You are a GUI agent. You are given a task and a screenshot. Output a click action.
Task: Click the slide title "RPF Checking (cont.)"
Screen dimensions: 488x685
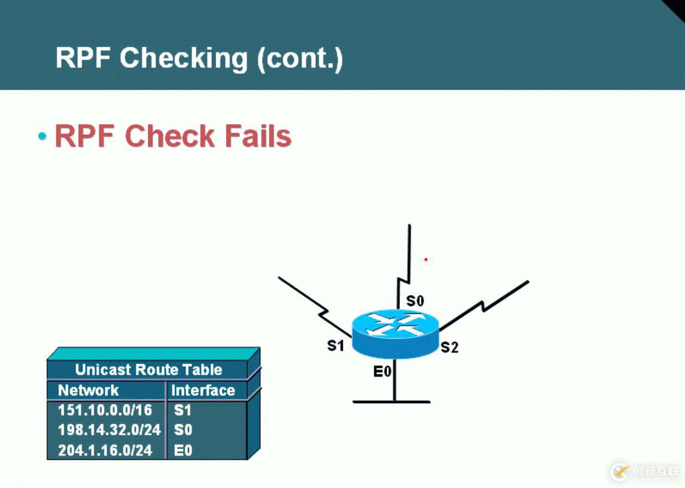[x=199, y=58]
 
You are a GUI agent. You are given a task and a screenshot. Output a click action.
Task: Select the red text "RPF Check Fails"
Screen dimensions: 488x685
[x=173, y=136]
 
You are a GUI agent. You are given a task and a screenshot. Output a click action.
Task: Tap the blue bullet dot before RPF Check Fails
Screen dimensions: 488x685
[x=42, y=136]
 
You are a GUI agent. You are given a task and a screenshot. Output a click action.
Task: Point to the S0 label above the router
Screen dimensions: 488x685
[x=415, y=301]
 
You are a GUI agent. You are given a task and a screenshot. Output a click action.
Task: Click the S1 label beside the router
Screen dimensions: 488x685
[x=336, y=345]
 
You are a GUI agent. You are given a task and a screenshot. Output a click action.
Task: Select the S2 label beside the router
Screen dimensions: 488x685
[x=449, y=348]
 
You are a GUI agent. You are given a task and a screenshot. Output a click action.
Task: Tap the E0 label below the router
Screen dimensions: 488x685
[x=382, y=372]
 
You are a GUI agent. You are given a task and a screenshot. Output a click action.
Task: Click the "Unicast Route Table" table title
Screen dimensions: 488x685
[x=148, y=370]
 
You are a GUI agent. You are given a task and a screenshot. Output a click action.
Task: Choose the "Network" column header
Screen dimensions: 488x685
[x=88, y=390]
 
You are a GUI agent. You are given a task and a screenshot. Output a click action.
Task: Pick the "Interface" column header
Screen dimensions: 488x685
[x=202, y=390]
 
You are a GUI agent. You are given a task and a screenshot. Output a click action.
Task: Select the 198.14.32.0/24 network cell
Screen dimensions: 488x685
[x=109, y=430]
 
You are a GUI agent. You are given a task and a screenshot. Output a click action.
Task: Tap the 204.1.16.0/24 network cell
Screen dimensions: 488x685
[x=105, y=450]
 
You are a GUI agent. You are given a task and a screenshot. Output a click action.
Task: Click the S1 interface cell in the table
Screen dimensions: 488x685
[x=182, y=410]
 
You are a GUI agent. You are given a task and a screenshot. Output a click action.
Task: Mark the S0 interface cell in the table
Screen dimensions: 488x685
[x=183, y=430]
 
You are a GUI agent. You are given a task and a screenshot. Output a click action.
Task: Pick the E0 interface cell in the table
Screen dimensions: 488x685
[x=183, y=450]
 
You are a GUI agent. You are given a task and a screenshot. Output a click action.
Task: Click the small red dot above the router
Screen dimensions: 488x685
[x=425, y=259]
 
